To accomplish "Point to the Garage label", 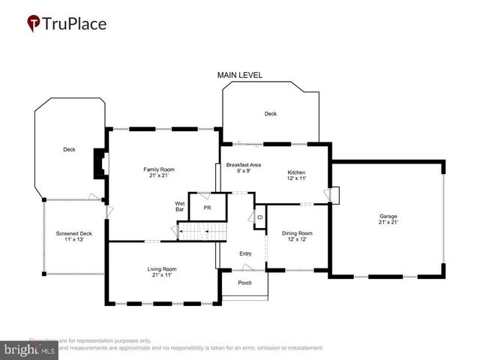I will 388,219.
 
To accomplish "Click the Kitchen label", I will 297,175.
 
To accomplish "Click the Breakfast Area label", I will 244,167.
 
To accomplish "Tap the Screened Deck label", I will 73,236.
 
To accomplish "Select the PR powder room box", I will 206,207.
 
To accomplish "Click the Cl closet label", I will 260,218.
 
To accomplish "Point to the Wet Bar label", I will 180,206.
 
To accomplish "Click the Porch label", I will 244,283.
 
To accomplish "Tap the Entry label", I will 245,254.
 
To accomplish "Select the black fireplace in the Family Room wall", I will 98,164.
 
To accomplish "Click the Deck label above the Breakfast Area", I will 270,114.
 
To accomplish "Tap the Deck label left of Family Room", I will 69,150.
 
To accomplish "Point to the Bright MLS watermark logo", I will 29,349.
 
